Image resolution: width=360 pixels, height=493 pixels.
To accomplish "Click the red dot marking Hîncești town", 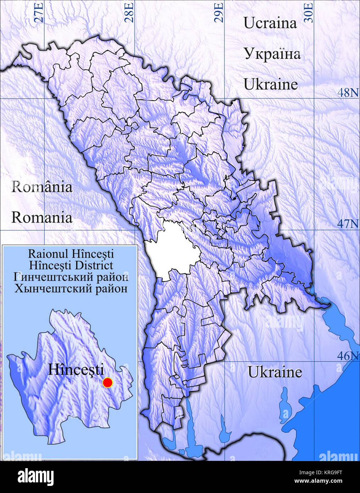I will pyautogui.click(x=107, y=383).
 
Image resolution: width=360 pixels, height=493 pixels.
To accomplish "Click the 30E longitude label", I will pyautogui.click(x=309, y=13).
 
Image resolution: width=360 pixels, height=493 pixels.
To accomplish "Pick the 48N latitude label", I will pyautogui.click(x=348, y=93).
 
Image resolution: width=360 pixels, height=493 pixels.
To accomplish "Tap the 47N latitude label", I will pyautogui.click(x=348, y=224).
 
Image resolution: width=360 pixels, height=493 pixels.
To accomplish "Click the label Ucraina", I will pyautogui.click(x=270, y=23).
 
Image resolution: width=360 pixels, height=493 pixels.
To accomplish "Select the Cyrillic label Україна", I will pyautogui.click(x=272, y=54).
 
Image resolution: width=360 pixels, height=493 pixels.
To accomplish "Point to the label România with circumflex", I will pyautogui.click(x=41, y=187).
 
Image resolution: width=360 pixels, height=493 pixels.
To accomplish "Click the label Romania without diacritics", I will pyautogui.click(x=41, y=217).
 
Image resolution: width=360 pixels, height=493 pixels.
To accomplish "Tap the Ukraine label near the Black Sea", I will pyautogui.click(x=275, y=372).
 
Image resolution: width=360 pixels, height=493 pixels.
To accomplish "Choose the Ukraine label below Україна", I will pyautogui.click(x=271, y=84).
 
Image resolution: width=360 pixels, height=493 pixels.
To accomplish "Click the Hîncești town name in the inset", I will pyautogui.click(x=76, y=370).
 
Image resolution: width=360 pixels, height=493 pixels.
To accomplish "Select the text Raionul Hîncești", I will pyautogui.click(x=71, y=254).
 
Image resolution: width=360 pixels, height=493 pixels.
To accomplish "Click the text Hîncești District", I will pyautogui.click(x=71, y=265).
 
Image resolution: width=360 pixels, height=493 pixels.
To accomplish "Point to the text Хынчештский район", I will pyautogui.click(x=71, y=288).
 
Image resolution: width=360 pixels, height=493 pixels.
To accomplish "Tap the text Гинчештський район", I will pyautogui.click(x=71, y=277).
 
